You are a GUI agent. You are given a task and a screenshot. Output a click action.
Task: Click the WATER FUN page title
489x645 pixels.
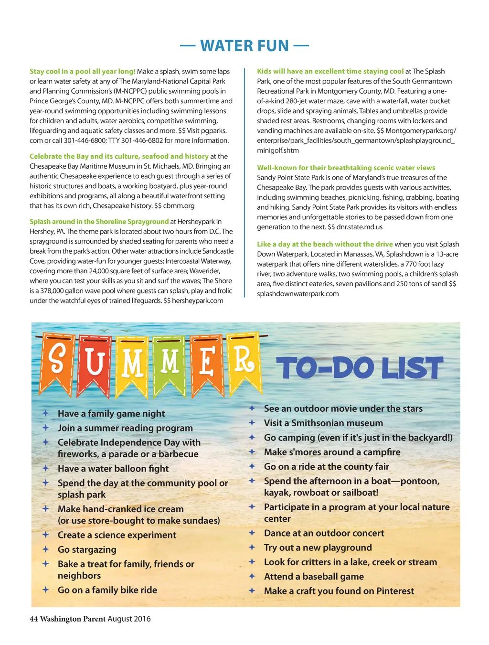point(244,46)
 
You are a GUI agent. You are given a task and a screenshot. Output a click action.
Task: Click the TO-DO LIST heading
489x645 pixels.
point(360,368)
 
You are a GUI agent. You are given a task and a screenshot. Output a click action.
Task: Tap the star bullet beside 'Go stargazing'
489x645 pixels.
point(45,549)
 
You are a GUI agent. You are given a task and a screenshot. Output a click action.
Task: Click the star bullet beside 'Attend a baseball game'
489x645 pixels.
point(252,576)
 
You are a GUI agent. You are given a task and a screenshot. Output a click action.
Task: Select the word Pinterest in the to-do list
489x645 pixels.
point(395,591)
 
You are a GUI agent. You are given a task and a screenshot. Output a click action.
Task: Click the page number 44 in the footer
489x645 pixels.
point(33,619)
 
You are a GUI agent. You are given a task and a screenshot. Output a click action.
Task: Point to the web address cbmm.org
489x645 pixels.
point(179,206)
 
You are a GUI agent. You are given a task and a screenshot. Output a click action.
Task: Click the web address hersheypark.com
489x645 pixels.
point(197,301)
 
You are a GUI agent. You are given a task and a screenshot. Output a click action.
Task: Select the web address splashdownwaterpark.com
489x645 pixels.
point(298,294)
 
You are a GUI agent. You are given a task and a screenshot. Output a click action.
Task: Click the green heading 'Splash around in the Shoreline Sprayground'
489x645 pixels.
point(99,222)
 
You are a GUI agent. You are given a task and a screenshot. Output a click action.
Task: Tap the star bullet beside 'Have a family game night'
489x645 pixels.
point(45,413)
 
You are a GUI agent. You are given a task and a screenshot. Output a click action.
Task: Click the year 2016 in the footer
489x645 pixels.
point(142,619)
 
